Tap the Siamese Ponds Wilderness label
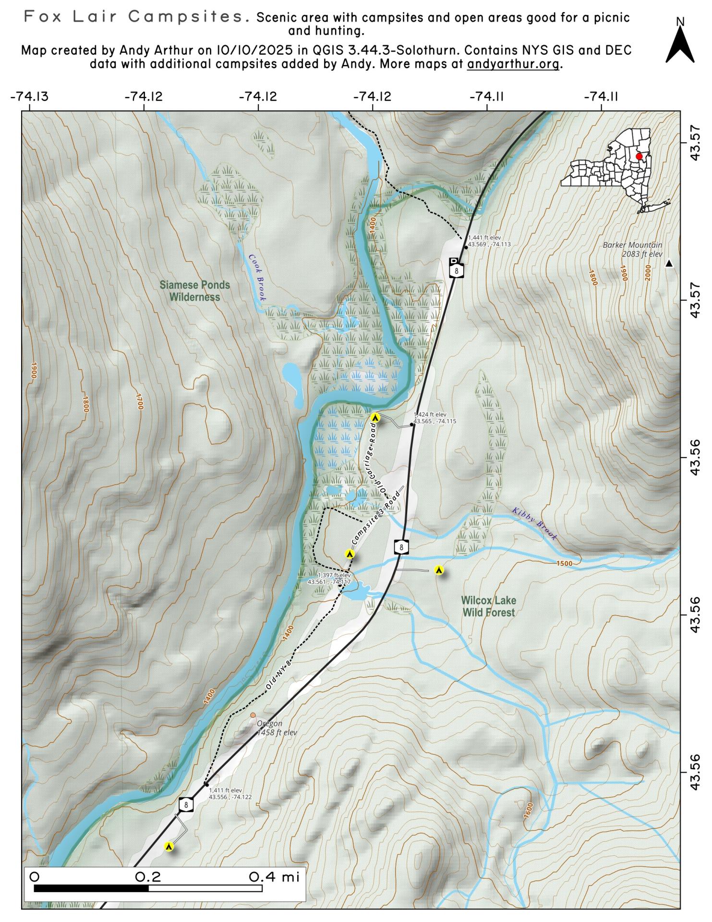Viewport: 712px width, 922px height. [x=194, y=291]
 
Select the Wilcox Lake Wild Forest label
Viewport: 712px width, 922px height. [x=488, y=606]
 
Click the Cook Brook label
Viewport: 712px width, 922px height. [x=257, y=278]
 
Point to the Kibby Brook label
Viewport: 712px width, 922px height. [x=534, y=524]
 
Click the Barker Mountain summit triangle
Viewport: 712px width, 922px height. [x=668, y=264]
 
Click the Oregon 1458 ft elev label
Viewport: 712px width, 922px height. [x=277, y=728]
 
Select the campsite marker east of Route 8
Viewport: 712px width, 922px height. [x=438, y=570]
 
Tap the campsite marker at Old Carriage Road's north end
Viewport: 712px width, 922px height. [x=376, y=418]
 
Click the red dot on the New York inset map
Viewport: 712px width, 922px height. [x=639, y=157]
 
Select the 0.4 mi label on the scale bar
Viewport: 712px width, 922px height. [x=274, y=877]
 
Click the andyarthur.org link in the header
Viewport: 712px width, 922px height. [x=513, y=64]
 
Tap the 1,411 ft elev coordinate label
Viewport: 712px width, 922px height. [x=229, y=793]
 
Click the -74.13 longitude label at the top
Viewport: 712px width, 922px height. [x=29, y=97]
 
